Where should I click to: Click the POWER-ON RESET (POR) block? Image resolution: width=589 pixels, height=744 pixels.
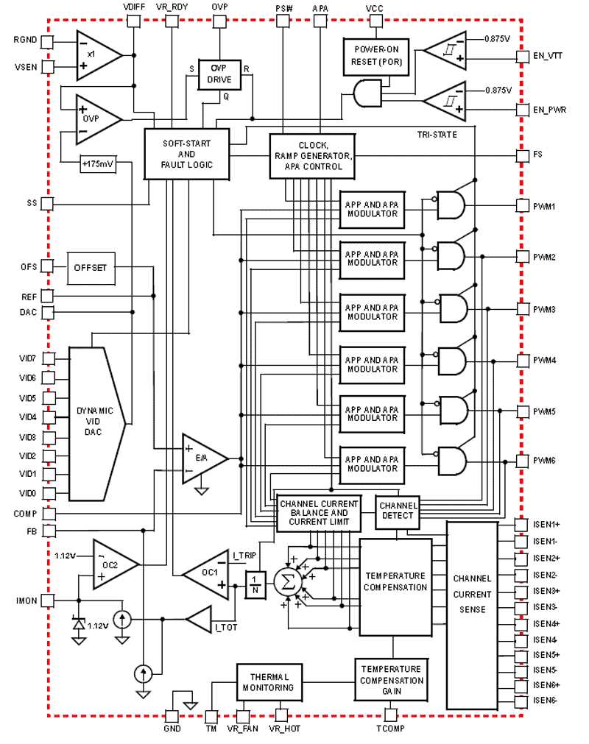pyautogui.click(x=375, y=57)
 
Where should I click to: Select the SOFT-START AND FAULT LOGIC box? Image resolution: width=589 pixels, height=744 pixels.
pyautogui.click(x=186, y=154)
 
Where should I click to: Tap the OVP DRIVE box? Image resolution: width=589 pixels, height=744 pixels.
pyautogui.click(x=219, y=74)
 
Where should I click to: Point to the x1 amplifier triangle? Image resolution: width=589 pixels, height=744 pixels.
pyautogui.click(x=96, y=55)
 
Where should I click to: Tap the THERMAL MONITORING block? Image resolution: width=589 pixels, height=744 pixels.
pyautogui.click(x=269, y=682)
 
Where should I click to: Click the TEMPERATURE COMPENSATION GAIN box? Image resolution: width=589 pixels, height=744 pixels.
pyautogui.click(x=391, y=680)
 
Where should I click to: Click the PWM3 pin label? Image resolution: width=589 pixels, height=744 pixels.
pyautogui.click(x=545, y=309)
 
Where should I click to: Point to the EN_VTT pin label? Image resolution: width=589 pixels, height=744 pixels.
pyautogui.click(x=549, y=55)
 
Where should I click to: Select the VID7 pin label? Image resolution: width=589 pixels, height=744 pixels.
pyautogui.click(x=27, y=358)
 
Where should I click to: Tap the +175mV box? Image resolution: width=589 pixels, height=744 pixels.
pyautogui.click(x=96, y=163)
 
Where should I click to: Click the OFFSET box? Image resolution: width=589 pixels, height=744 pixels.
pyautogui.click(x=90, y=268)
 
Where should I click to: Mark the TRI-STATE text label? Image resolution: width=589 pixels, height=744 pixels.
pyautogui.click(x=437, y=135)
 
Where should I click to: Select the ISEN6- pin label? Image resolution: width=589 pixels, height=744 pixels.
pyautogui.click(x=546, y=700)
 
